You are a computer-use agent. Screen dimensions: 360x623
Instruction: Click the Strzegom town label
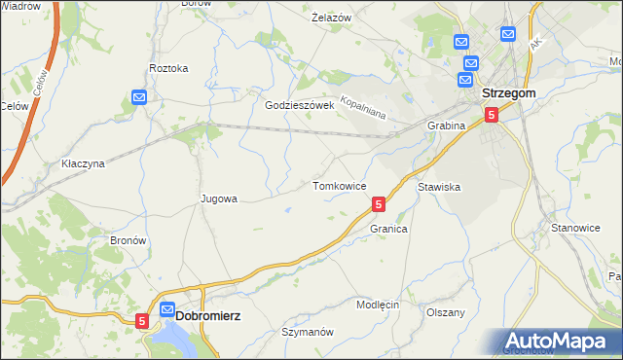[509, 92]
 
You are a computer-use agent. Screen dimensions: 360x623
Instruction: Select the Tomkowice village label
[339, 185]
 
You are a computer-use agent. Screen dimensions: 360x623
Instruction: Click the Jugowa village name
[218, 198]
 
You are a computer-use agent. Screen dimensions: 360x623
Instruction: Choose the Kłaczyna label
[82, 163]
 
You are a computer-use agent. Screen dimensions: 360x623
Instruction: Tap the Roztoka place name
[167, 68]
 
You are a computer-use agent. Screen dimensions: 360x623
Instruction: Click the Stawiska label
[438, 185]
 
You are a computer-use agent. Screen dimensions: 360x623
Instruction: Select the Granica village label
[387, 229]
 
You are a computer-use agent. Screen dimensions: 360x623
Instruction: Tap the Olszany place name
[446, 312]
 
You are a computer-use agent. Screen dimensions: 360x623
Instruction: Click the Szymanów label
[308, 332]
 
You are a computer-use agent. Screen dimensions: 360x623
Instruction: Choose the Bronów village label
[128, 239]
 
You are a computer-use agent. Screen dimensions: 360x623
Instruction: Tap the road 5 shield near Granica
[379, 204]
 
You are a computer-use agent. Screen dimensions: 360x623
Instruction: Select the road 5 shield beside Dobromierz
[142, 319]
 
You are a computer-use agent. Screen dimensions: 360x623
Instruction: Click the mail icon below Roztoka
[139, 97]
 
